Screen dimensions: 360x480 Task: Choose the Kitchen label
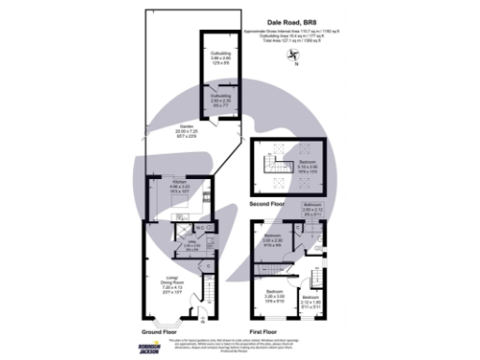click(178, 187)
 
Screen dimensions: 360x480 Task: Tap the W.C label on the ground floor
click(200, 227)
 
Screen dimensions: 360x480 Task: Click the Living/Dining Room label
click(172, 283)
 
